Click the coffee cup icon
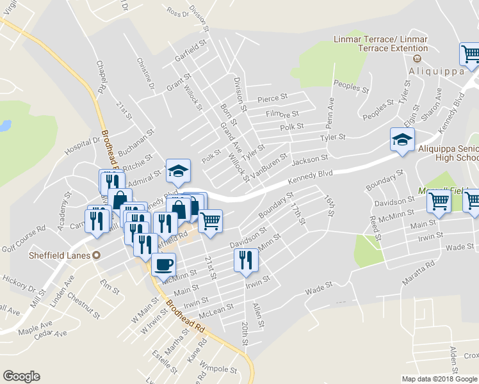click(163, 264)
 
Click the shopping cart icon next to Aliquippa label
click(470, 55)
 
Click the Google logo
click(20, 376)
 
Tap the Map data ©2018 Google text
click(439, 379)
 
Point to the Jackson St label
click(310, 157)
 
